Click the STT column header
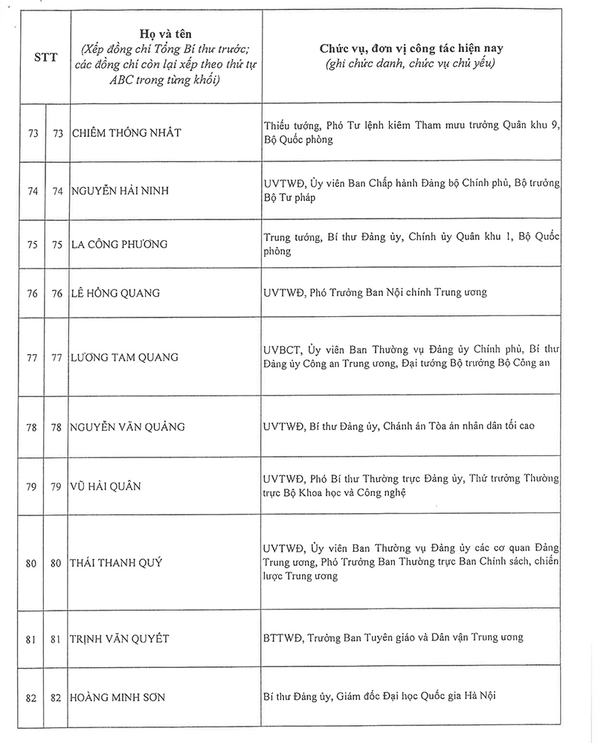point(44,57)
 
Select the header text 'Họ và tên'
point(166,34)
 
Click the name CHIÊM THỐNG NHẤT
point(126,132)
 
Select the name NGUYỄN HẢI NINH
point(120,190)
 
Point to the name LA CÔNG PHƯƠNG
point(120,244)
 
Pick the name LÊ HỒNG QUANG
point(115,292)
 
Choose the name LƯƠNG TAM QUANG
point(124,357)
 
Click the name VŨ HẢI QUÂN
point(106,486)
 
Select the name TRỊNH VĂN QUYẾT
point(120,638)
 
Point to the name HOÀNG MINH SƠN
point(118,697)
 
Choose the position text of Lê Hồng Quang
point(375,292)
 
